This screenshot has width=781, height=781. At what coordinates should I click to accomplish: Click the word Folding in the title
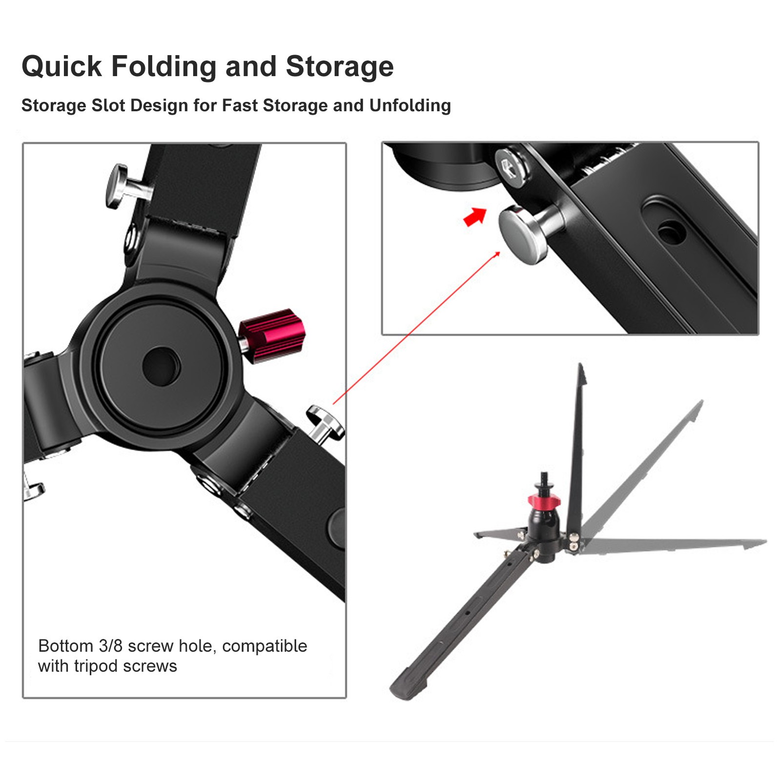[164, 67]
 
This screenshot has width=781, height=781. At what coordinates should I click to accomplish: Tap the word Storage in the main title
[340, 67]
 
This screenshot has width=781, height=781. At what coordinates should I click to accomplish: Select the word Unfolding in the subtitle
[410, 105]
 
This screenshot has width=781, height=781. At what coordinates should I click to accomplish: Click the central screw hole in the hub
[161, 366]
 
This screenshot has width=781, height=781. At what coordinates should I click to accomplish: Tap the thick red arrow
[475, 216]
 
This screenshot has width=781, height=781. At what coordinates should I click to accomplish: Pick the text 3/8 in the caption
[110, 646]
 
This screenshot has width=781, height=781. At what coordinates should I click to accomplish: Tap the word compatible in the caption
[265, 646]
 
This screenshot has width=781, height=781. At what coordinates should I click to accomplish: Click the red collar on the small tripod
[544, 500]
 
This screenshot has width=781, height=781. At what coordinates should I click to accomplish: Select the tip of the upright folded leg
[580, 366]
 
